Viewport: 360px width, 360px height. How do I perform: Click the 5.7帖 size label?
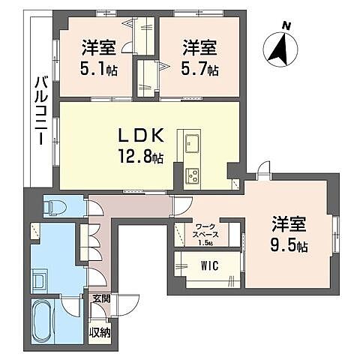199,70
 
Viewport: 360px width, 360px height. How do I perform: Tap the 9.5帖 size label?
289,244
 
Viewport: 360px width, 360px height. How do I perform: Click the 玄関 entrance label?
100,298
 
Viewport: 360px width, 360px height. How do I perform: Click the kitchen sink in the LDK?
189,141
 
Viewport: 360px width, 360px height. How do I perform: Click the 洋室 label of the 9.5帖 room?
289,223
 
